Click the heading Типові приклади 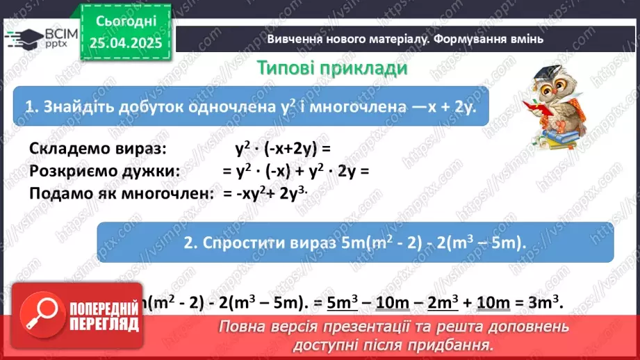pos(332,69)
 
